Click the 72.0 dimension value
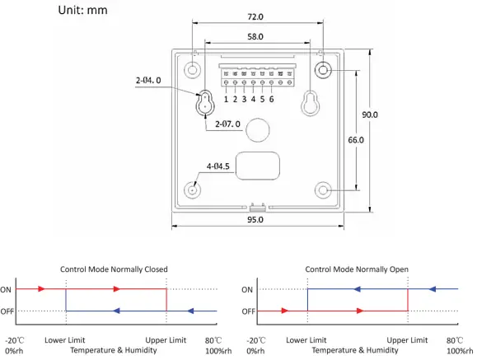pyautogui.click(x=255, y=16)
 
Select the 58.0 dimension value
pyautogui.click(x=255, y=38)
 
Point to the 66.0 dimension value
pyautogui.click(x=356, y=141)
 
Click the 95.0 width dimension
pyautogui.click(x=255, y=220)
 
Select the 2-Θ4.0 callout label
pyautogui.click(x=148, y=81)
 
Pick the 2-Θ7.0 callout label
pyautogui.click(x=227, y=124)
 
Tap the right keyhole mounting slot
pyautogui.click(x=311, y=102)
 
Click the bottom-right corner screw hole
pyautogui.click(x=323, y=190)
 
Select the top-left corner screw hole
pyautogui.click(x=192, y=70)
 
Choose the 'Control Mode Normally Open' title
pyautogui.click(x=357, y=269)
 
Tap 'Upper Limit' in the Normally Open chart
pyautogui.click(x=407, y=340)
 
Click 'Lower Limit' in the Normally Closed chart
pyautogui.click(x=64, y=340)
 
